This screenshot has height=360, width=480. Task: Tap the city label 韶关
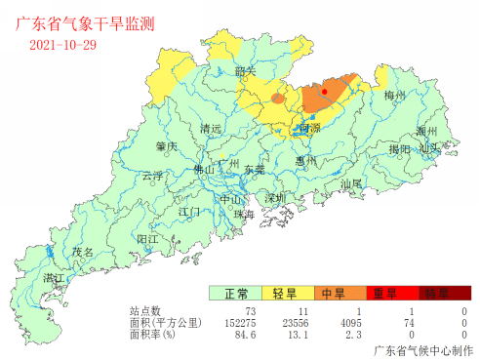(x=246, y=71)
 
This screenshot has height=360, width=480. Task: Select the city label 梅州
(x=394, y=96)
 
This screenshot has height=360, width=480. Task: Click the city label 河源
(x=309, y=128)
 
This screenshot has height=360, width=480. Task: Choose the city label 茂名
(x=84, y=252)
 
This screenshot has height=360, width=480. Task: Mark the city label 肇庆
(x=166, y=146)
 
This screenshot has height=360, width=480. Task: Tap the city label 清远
(x=210, y=129)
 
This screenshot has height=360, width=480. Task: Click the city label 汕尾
(x=351, y=182)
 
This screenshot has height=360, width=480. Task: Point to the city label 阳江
(x=148, y=238)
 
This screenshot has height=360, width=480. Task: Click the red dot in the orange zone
(x=324, y=92)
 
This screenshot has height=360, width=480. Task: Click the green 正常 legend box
(x=235, y=294)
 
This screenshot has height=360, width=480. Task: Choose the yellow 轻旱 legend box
(x=286, y=294)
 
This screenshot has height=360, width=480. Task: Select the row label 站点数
(x=145, y=311)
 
